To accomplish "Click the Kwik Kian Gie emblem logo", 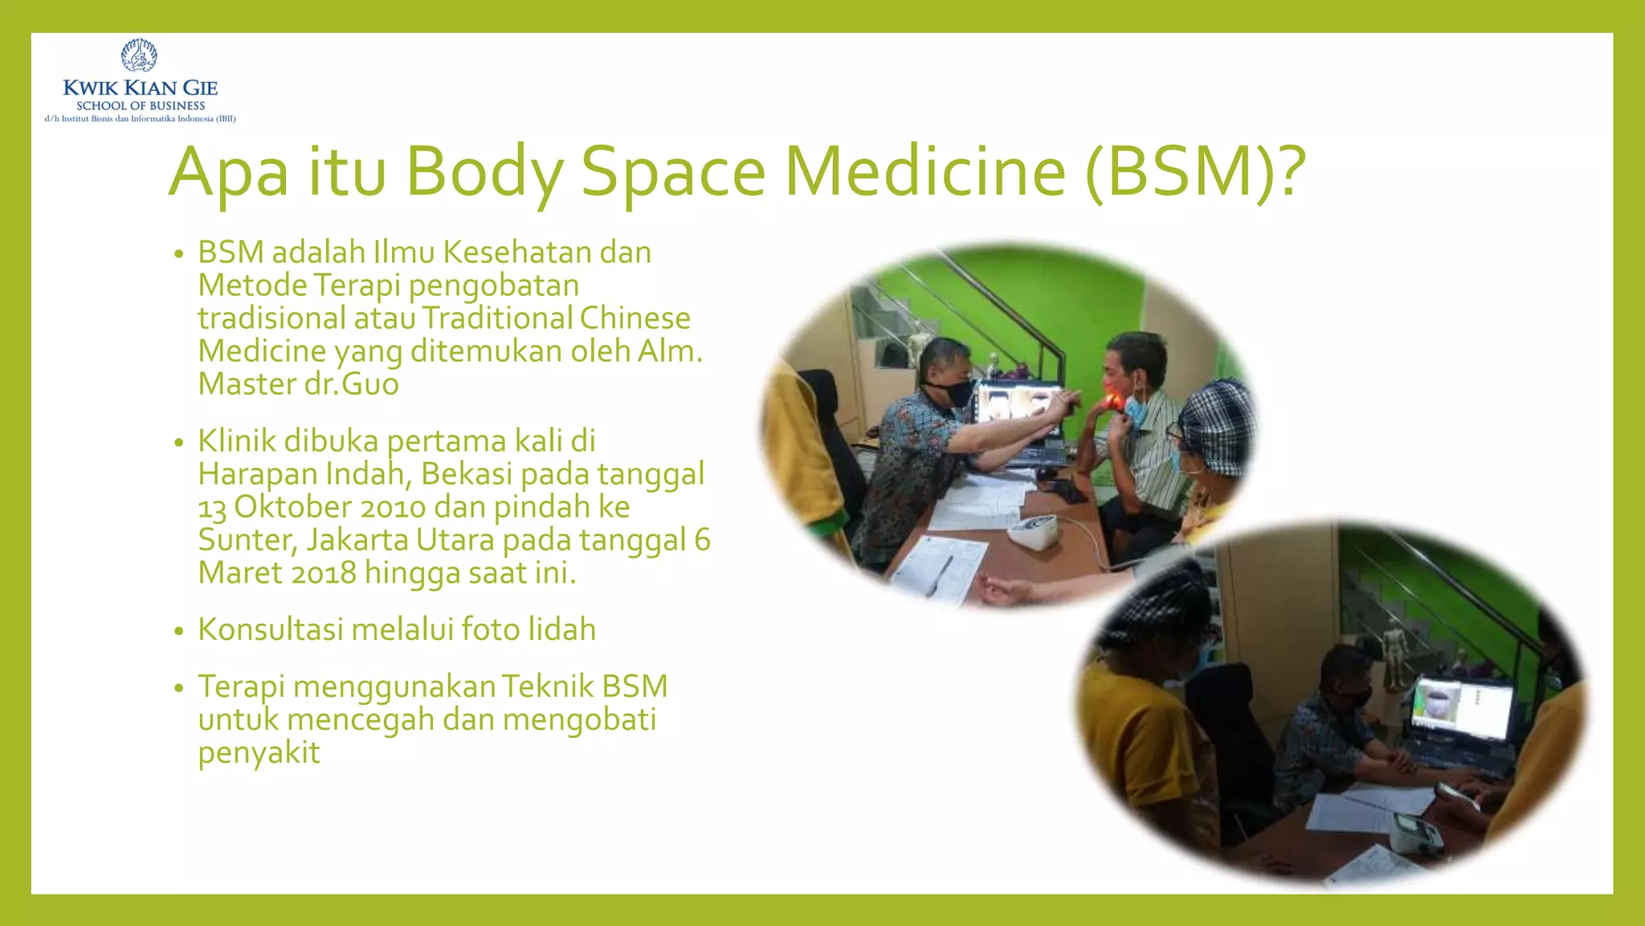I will coord(139,55).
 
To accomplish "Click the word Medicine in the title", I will coord(925,171).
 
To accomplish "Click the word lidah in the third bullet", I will coord(561,629).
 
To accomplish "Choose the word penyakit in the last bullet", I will coord(259,753).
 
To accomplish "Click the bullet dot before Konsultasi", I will coord(179,631).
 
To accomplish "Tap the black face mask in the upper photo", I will coord(952,392).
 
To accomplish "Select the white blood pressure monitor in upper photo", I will coord(1036,532).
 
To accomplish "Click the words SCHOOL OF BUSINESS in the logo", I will coord(141,105).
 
